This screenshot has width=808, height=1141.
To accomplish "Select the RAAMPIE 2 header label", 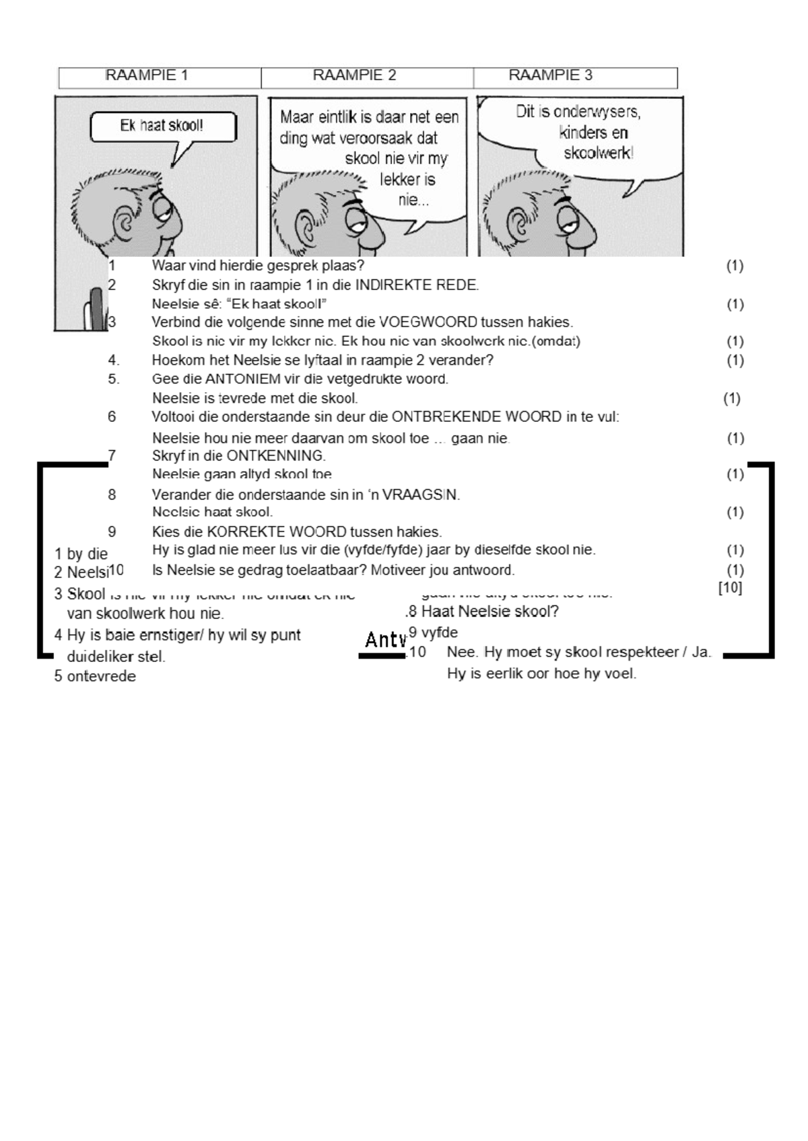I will (x=354, y=75).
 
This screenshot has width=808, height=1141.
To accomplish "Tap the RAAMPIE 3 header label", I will (x=550, y=75).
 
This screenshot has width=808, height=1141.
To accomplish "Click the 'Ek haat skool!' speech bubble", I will (x=162, y=126).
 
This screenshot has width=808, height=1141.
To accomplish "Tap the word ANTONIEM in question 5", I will (x=236, y=379).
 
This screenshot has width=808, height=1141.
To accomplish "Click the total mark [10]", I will (x=730, y=588).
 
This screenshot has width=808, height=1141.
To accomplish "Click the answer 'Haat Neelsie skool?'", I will (x=490, y=612).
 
